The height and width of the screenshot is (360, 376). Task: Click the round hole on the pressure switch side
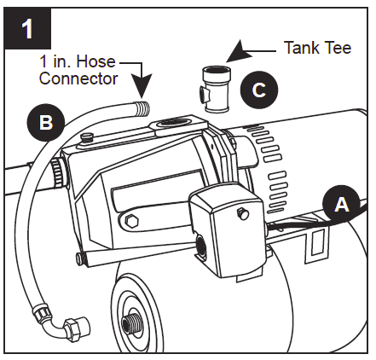click(201, 247)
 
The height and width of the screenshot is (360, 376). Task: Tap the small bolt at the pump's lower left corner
click(78, 258)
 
